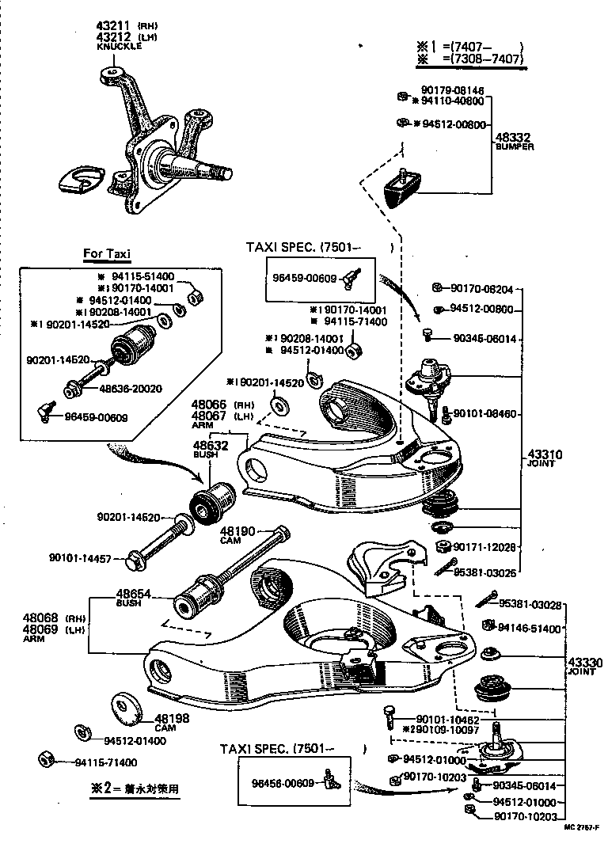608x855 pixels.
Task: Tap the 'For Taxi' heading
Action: tap(107, 254)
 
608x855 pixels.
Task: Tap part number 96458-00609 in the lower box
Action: tap(283, 783)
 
